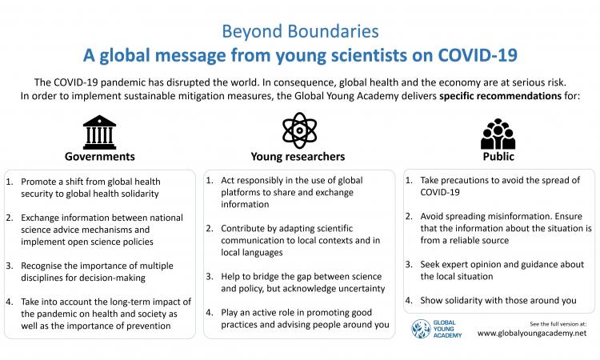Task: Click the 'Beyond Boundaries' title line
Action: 300,32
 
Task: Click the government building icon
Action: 99,132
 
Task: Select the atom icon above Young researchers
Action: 300,130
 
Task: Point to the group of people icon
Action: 498,134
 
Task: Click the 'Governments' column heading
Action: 99,157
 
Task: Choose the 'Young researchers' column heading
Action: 298,157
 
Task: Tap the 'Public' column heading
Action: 498,157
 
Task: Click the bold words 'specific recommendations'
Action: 500,96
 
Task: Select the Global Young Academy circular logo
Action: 421,329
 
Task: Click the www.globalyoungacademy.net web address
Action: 532,334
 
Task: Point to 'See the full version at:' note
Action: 558,324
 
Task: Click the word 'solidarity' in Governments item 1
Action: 140,194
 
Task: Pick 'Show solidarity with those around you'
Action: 498,300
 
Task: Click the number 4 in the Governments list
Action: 9,302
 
